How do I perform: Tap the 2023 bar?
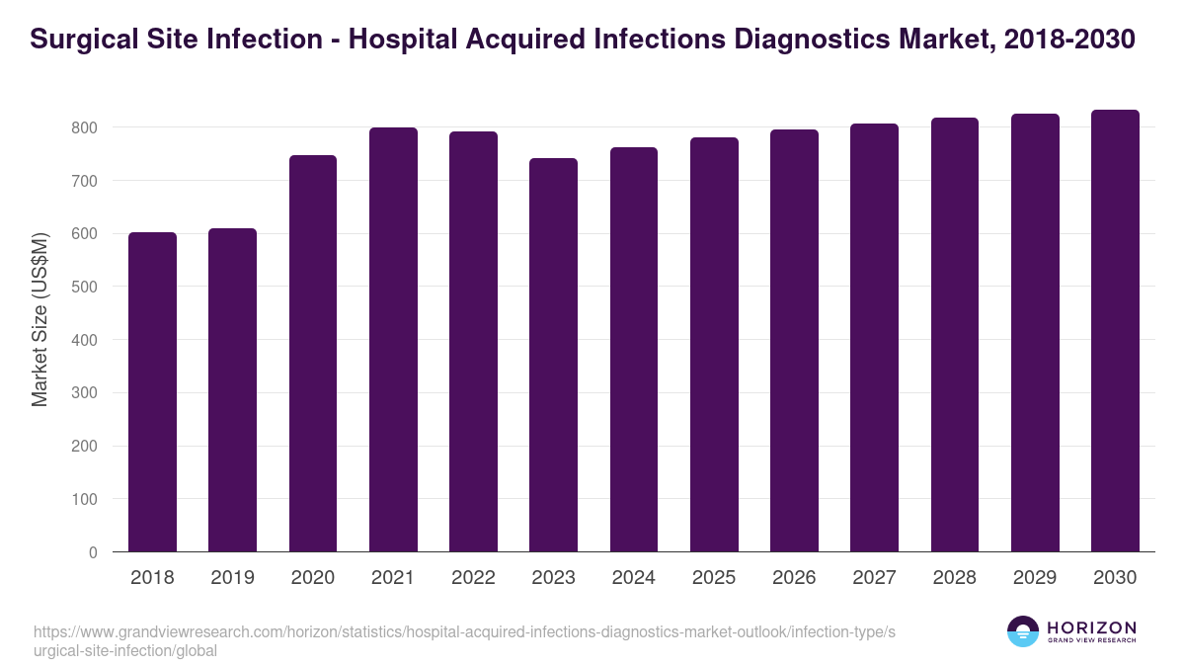(x=553, y=355)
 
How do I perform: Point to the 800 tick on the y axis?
(x=84, y=127)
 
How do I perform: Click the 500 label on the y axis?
(x=84, y=288)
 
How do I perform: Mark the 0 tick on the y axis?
(x=93, y=552)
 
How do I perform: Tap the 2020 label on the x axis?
(x=312, y=578)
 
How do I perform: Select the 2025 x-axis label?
(x=714, y=578)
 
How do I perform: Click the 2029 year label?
(x=1035, y=578)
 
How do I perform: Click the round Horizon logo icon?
(x=1023, y=632)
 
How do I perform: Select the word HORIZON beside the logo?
(x=1092, y=627)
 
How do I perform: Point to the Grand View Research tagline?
(x=1092, y=641)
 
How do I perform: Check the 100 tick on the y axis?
(x=84, y=500)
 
